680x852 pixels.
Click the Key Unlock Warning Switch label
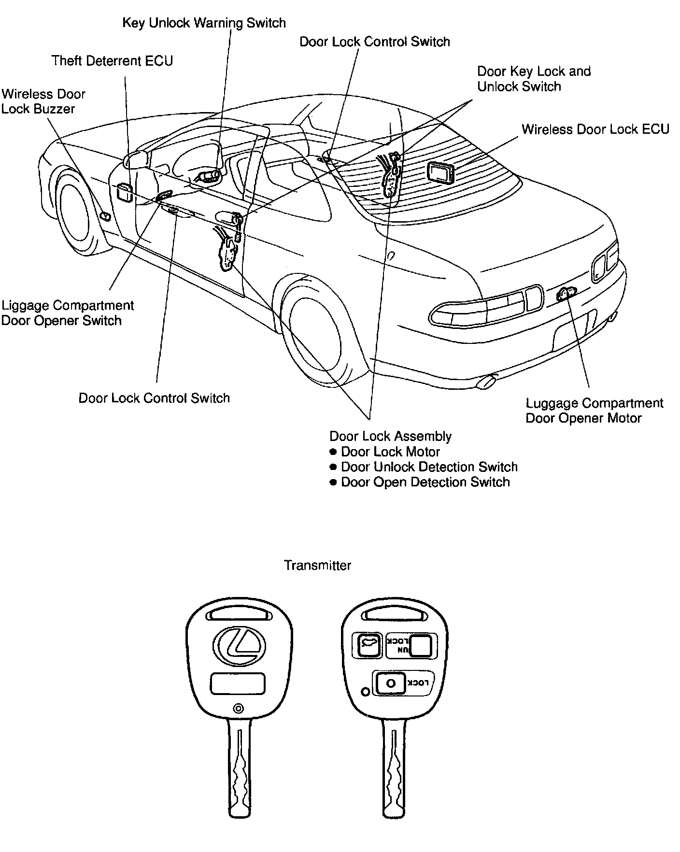coord(204,23)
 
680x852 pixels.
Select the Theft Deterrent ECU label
coord(112,61)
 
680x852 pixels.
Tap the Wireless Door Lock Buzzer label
coord(43,101)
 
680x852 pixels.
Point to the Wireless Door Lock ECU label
coord(595,129)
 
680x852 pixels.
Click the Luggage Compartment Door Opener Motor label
coord(594,411)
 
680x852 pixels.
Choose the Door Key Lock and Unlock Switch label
coord(534,79)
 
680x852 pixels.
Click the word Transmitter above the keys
coord(317,565)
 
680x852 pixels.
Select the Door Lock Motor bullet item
coord(390,452)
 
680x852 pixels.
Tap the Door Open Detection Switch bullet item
coord(425,482)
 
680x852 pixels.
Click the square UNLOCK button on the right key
coord(421,645)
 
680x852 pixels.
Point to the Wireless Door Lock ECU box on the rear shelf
coord(440,172)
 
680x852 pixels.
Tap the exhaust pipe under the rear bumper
coord(485,383)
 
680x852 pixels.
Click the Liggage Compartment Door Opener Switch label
coord(67,313)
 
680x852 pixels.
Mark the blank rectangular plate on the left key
coord(238,684)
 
